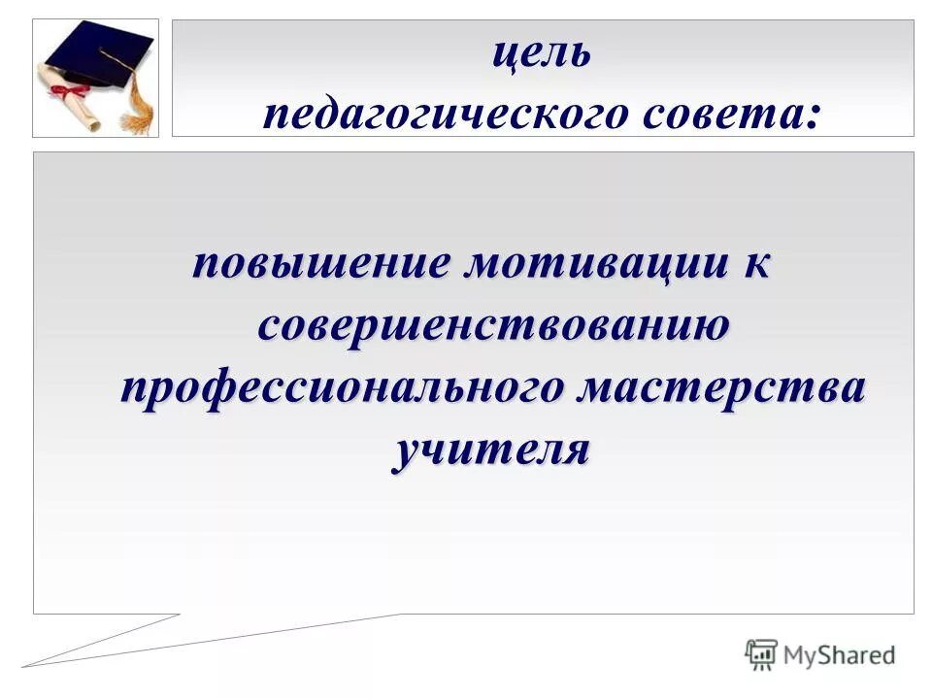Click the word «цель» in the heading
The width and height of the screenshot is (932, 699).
(x=541, y=54)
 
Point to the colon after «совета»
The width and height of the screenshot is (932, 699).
(x=811, y=118)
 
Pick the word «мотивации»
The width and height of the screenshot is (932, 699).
(x=589, y=264)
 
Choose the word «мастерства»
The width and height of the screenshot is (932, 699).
(x=719, y=387)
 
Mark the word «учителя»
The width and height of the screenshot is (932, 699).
(x=491, y=450)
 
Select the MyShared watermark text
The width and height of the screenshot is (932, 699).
(x=840, y=655)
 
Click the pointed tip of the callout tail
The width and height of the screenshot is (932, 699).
(x=24, y=666)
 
